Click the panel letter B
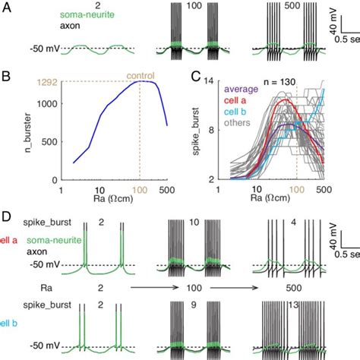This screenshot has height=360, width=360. [x=6, y=76]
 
